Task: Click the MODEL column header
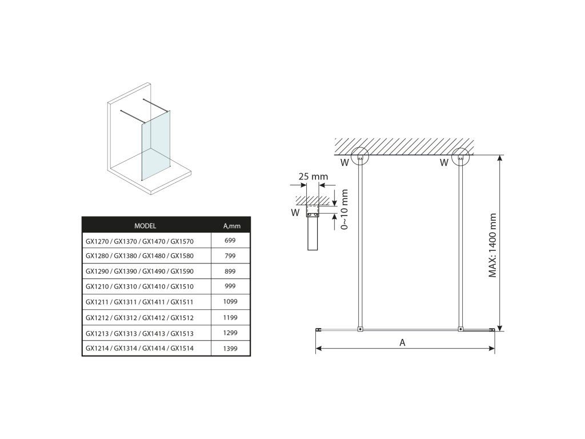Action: [145, 226]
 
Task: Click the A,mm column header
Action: [232, 226]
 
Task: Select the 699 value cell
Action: [230, 241]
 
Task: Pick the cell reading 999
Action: [230, 286]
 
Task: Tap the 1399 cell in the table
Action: [230, 348]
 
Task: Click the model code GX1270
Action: [97, 241]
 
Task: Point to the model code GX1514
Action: [182, 348]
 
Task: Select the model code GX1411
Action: [154, 302]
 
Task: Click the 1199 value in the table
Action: [230, 317]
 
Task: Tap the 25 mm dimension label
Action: [313, 176]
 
